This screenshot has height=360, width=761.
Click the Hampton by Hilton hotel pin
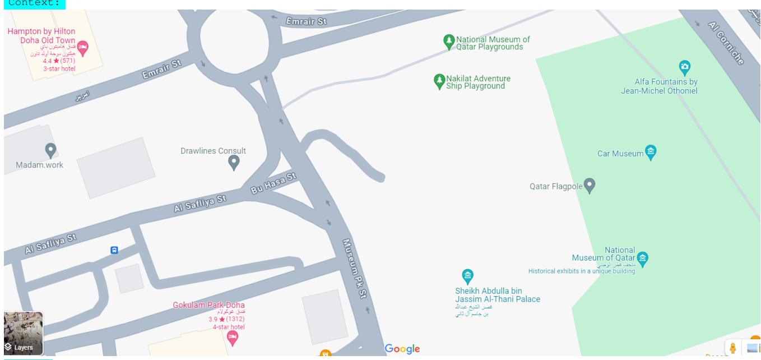pos(82,48)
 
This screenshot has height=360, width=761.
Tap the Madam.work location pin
pos(50,150)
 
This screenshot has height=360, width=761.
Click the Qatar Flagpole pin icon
pos(589,186)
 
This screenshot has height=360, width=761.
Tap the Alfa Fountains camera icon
pos(684,67)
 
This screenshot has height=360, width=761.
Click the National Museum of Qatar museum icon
pos(642,259)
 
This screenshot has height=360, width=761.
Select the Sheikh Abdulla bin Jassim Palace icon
pos(467,275)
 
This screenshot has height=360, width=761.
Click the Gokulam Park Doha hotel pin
pos(232,338)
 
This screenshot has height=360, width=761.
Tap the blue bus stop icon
pos(114,250)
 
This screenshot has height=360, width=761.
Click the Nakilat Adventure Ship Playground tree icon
pos(440,81)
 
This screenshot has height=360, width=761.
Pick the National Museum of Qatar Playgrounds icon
pos(449,41)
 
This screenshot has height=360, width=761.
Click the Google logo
pos(402,349)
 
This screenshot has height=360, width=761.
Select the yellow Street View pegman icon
pos(732,348)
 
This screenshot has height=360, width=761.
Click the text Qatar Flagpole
pos(555,186)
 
